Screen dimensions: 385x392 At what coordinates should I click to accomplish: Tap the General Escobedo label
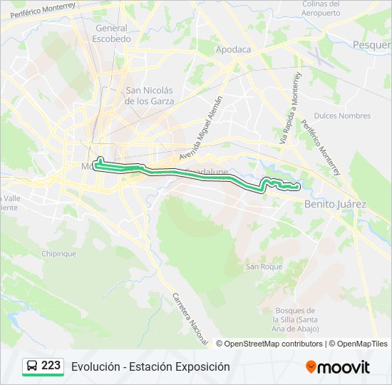110,34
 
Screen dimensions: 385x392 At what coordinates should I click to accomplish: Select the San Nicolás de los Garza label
149,96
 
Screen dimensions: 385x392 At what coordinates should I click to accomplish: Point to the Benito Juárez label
335,204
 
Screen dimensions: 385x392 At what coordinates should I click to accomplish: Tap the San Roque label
264,267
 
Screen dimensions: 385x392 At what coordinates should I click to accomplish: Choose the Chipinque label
58,253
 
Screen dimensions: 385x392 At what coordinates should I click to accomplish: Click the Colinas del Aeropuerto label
321,8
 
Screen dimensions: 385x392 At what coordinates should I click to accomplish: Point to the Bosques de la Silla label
294,319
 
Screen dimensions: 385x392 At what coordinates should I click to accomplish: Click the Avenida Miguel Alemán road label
201,127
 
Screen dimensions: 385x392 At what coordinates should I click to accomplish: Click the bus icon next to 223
32,366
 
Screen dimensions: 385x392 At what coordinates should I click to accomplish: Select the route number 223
51,366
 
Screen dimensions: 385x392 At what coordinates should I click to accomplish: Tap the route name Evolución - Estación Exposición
150,366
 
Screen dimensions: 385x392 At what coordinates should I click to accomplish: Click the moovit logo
338,367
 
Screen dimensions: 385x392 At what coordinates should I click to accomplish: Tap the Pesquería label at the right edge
371,44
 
